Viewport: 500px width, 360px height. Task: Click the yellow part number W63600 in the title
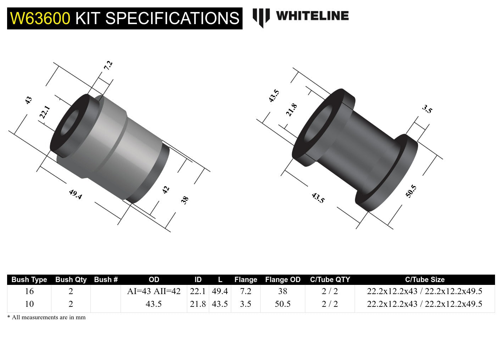40,18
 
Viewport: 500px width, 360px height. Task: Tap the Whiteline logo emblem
261,17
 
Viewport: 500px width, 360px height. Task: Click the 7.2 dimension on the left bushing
108,65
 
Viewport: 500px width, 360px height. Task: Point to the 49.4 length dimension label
76,194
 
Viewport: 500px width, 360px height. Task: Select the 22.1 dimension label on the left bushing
45,112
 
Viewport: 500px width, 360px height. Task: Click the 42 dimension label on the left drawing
166,190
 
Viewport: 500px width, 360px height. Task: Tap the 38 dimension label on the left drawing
184,200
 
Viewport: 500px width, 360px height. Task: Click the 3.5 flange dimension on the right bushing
427,109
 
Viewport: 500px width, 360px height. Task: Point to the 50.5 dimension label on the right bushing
411,191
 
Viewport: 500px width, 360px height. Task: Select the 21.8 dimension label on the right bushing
291,110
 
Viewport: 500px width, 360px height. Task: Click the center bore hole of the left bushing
71,123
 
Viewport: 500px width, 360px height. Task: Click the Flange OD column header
283,280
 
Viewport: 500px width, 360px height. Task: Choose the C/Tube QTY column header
330,280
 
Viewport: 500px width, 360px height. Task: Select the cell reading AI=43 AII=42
154,291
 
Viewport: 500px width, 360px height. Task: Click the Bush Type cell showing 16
29,291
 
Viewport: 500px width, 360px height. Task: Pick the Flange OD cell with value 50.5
283,304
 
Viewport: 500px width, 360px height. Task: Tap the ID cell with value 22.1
198,291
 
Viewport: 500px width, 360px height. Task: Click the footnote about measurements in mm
46,317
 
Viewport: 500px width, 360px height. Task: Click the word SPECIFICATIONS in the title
172,18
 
